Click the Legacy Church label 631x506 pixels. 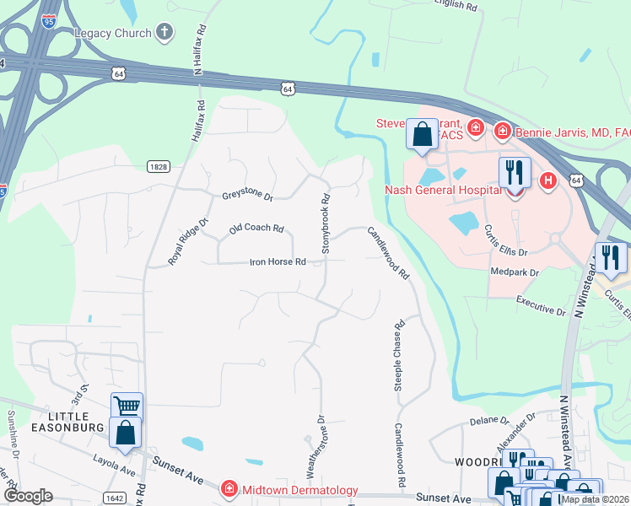[112, 33]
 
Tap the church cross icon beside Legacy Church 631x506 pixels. [165, 33]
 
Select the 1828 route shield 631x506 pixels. [156, 167]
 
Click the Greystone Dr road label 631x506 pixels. [247, 196]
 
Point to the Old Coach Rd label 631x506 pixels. [256, 229]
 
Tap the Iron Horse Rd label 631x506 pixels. [277, 261]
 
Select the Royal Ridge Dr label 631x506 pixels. [186, 242]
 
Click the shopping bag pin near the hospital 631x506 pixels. [422, 135]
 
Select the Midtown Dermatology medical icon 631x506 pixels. [228, 489]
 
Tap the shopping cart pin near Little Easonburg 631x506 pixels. [127, 406]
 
